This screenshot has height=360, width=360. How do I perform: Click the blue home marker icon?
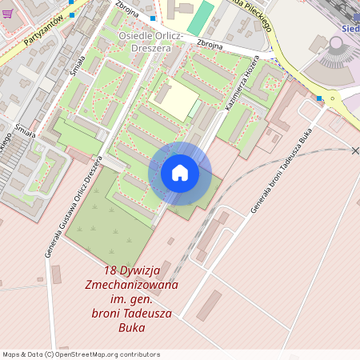coord(180,173)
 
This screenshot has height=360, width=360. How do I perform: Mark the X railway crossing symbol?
coord(356,150)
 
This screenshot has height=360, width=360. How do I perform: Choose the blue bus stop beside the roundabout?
coord(319,98)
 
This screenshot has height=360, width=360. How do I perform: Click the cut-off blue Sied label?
coord(350,28)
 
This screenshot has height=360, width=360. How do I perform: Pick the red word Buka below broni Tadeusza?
coord(132,327)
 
